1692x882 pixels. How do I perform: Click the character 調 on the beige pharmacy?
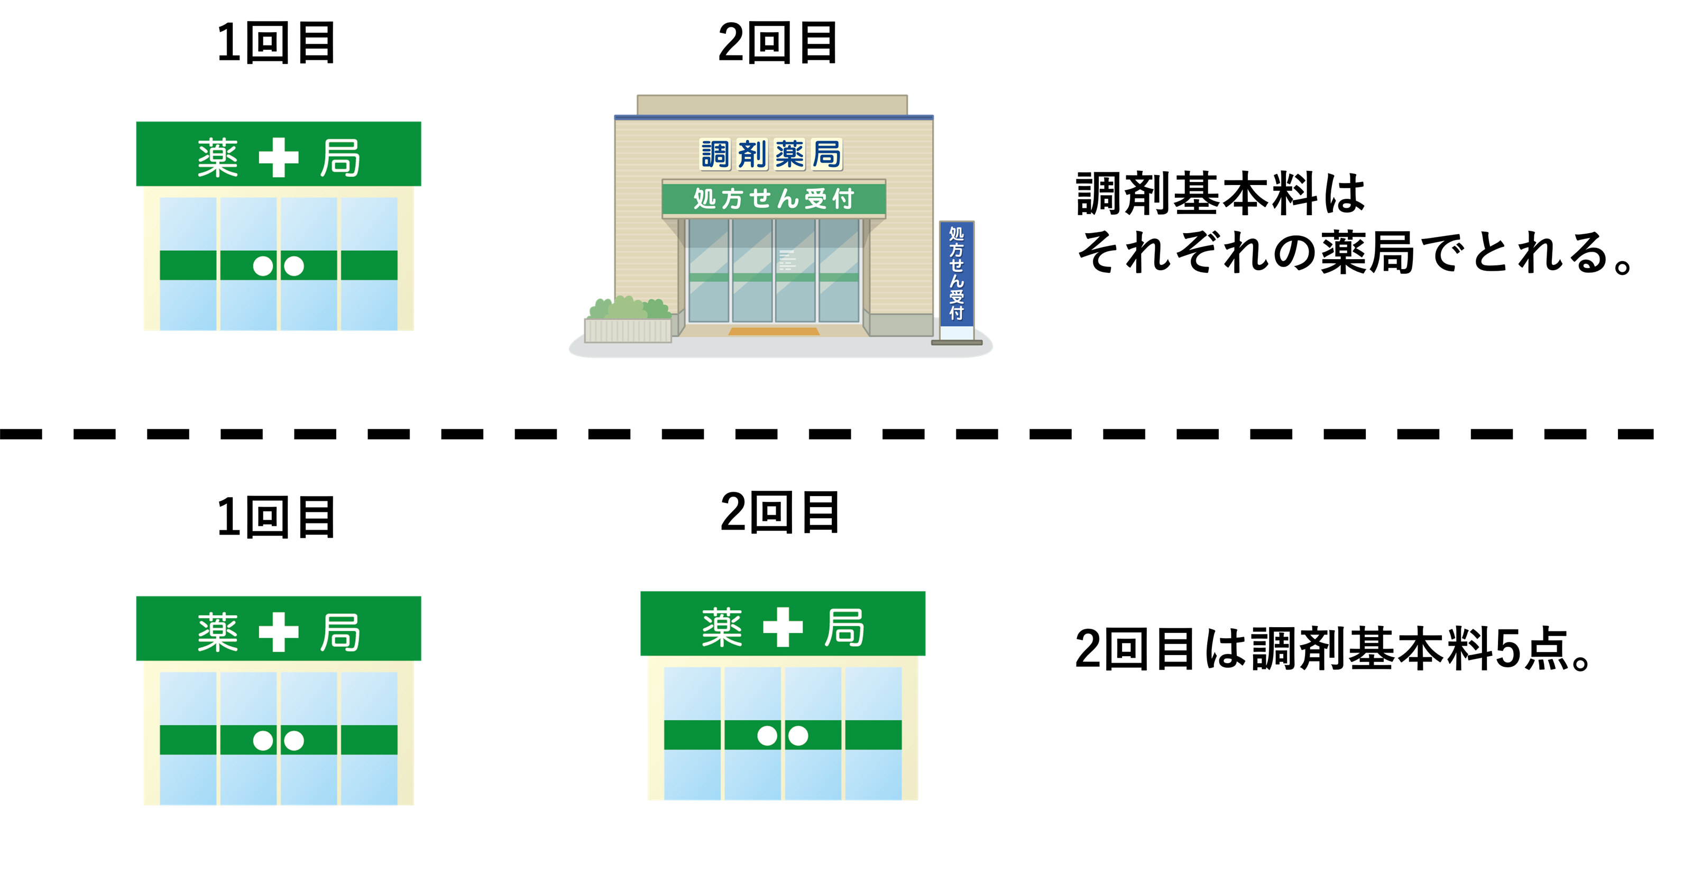click(715, 155)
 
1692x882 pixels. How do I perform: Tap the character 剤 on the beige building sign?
click(752, 155)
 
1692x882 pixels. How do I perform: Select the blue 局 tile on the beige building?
click(826, 155)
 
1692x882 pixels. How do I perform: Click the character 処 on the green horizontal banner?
click(705, 198)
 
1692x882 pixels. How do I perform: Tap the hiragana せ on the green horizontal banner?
click(760, 198)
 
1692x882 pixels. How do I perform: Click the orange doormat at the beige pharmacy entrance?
click(773, 332)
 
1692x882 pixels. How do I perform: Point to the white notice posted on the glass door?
click(787, 260)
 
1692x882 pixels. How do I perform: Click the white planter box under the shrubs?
click(627, 330)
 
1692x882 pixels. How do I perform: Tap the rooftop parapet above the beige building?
click(772, 104)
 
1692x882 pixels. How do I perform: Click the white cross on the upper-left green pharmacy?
click(279, 158)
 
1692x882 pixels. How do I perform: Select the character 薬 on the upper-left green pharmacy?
click(217, 158)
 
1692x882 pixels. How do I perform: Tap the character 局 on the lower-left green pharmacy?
click(340, 632)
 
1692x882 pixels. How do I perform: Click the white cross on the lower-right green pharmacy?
click(783, 627)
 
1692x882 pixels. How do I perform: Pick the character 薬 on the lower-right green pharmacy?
click(722, 627)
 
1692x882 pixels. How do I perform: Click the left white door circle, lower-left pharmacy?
click(263, 741)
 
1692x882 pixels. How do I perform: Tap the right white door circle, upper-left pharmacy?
click(293, 266)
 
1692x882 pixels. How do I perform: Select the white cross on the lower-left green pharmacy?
click(279, 632)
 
